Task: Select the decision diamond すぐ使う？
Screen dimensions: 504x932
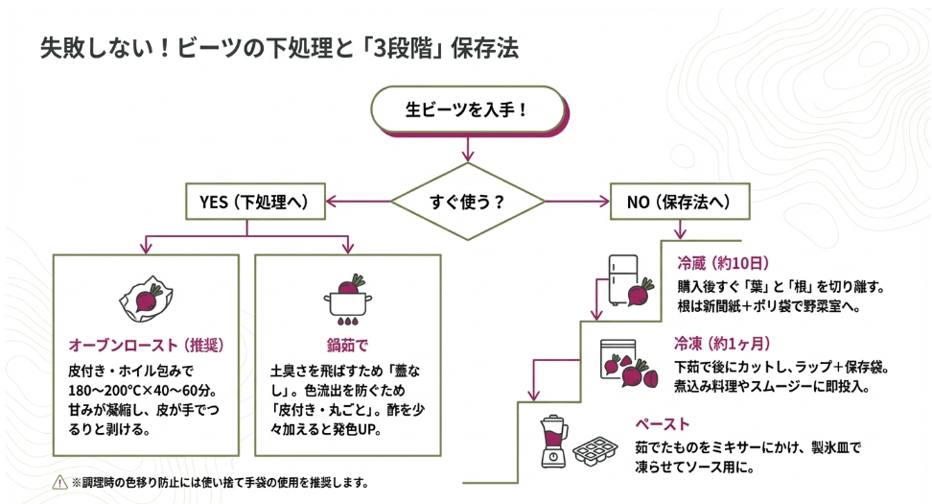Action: click(x=467, y=203)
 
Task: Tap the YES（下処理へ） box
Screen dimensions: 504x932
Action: click(x=247, y=202)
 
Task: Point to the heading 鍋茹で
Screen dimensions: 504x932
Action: click(x=347, y=344)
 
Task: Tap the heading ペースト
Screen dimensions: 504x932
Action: click(x=662, y=423)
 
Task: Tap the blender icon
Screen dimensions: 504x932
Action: click(x=551, y=443)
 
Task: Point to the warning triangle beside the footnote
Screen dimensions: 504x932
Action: click(x=59, y=482)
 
